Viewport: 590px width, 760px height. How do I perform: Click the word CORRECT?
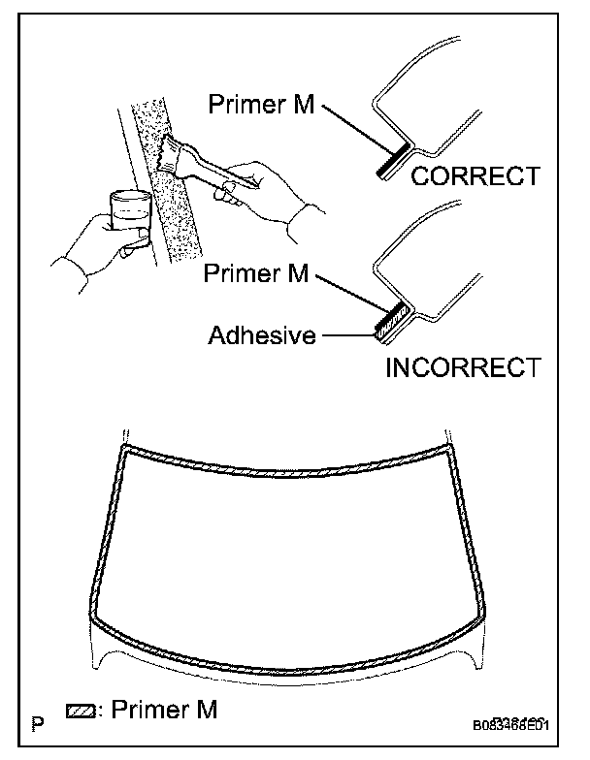tap(475, 176)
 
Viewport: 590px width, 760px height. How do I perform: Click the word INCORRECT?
tap(462, 368)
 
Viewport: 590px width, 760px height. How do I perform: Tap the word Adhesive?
tap(263, 336)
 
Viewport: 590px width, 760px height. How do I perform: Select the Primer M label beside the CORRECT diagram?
tap(261, 104)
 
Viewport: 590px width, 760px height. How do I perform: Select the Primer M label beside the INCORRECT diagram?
tap(256, 273)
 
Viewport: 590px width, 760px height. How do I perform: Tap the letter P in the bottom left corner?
tap(37, 724)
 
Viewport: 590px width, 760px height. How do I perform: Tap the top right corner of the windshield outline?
tap(448, 448)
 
